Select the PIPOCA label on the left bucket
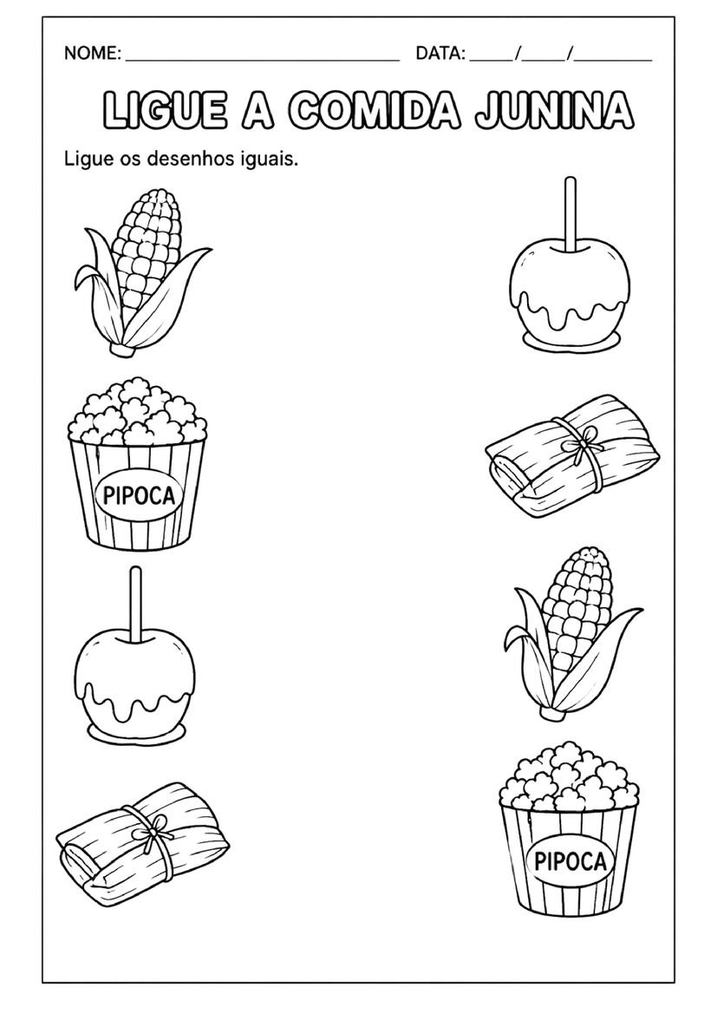point(135,497)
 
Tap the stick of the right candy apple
point(570,213)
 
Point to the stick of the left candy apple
point(136,605)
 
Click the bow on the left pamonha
point(156,835)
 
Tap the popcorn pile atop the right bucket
point(569,776)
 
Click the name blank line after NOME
point(263,60)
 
